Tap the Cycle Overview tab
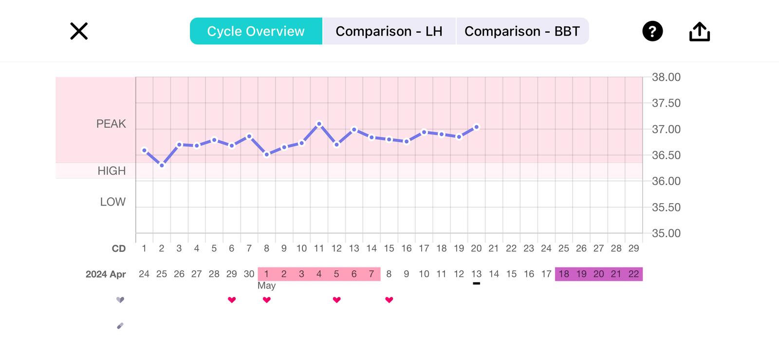tap(256, 31)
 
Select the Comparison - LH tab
tap(389, 31)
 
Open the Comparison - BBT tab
tap(522, 31)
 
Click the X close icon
tap(79, 31)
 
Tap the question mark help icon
tap(652, 32)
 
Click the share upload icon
tap(700, 32)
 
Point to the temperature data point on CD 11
tap(319, 124)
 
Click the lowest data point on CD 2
tap(162, 166)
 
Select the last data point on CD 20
tap(477, 127)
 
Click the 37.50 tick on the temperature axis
tap(666, 103)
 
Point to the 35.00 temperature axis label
tap(666, 233)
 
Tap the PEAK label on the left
tap(111, 124)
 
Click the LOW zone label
tap(113, 202)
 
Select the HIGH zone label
tap(111, 171)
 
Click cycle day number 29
tap(633, 248)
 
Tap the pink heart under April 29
tap(232, 300)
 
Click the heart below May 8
tap(389, 300)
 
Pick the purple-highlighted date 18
tap(564, 274)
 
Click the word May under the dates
tap(266, 286)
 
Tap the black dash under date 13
tap(477, 284)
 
